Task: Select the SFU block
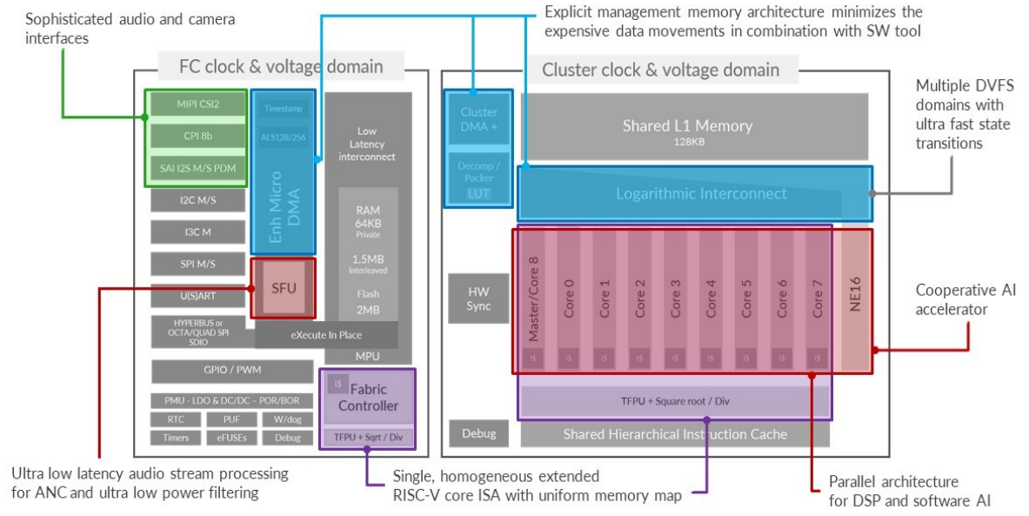(284, 286)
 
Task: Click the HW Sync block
(478, 298)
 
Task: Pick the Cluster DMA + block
(478, 118)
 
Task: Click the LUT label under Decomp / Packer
(478, 193)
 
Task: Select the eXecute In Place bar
(326, 334)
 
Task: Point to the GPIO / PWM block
(231, 371)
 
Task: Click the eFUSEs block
(231, 438)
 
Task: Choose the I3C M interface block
(197, 232)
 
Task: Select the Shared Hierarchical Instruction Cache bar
(674, 433)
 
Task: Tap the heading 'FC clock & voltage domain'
(270, 67)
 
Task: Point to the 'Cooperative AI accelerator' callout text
(966, 298)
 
